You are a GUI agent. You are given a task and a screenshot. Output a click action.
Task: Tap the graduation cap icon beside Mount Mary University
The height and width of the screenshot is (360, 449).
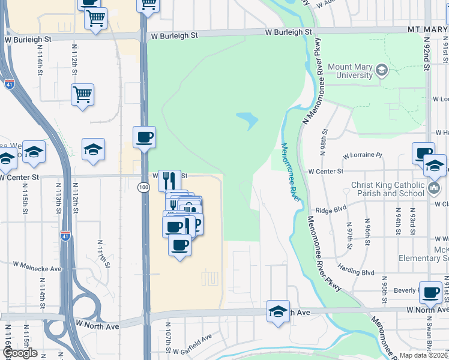[x=381, y=71]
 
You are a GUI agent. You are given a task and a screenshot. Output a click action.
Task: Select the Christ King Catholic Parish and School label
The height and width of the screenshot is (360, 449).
[x=387, y=189]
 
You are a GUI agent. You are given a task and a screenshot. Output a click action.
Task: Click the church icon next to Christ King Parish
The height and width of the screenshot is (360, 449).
[x=435, y=190]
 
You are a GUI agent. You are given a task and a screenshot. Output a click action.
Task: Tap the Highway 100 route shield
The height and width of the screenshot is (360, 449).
[x=143, y=187]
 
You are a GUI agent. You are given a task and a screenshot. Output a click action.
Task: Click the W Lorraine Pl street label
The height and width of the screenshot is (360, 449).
[x=363, y=155]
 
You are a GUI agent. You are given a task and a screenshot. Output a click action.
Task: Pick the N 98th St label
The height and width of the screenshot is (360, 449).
[x=325, y=141]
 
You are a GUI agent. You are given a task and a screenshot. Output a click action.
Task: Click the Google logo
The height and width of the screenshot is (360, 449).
[x=19, y=353]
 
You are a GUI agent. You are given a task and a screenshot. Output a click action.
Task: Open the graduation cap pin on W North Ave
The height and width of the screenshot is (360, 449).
[x=278, y=311]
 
